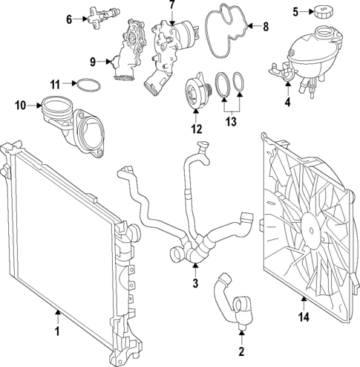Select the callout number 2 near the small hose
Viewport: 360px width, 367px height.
coord(241,351)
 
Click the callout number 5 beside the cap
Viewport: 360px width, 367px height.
coord(295,11)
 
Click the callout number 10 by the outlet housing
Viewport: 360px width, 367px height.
coord(20,105)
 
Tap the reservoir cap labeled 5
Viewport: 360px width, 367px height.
coord(324,13)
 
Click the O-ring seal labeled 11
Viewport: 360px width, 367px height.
coord(86,85)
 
